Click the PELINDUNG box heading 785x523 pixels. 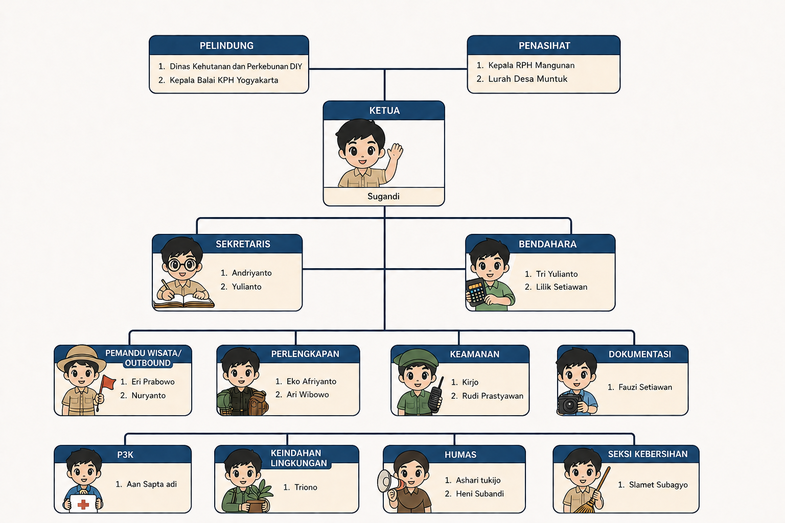click(226, 45)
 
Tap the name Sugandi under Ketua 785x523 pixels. click(383, 196)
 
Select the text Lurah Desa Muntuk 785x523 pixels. click(527, 79)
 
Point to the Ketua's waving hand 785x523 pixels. click(395, 152)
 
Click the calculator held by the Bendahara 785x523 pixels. click(476, 292)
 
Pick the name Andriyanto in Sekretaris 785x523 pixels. click(251, 273)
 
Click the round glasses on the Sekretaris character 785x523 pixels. click(182, 265)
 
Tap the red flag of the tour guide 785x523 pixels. click(108, 383)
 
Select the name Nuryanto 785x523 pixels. click(148, 395)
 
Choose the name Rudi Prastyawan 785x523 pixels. click(492, 396)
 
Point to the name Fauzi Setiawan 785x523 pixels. click(645, 387)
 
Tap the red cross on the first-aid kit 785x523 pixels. click(83, 505)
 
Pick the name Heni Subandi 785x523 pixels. click(480, 493)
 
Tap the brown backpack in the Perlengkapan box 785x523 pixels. click(258, 403)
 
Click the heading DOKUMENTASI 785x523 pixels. click(639, 354)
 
